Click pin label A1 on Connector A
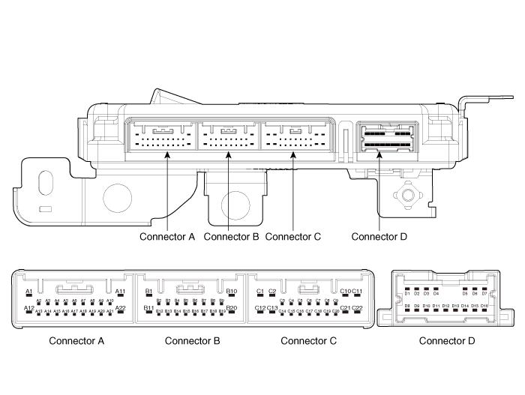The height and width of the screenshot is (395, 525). click(x=28, y=291)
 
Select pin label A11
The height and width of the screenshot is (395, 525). click(x=120, y=291)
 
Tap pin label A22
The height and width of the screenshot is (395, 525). click(x=120, y=307)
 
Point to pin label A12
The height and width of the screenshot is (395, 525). click(x=28, y=307)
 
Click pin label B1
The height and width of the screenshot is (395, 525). click(x=148, y=291)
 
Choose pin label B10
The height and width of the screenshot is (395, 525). click(x=232, y=291)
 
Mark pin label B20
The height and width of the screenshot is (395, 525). click(x=232, y=307)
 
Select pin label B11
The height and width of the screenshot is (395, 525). click(x=148, y=307)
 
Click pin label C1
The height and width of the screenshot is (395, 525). click(x=260, y=291)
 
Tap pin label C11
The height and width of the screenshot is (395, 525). click(x=358, y=291)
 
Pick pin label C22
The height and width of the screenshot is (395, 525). click(x=358, y=307)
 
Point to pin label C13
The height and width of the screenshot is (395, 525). click(x=272, y=307)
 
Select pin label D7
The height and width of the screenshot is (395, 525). click(x=484, y=293)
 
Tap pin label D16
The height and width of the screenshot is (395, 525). click(x=484, y=306)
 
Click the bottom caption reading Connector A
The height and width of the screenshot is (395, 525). click(x=76, y=341)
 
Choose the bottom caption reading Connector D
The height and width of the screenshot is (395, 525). click(x=447, y=341)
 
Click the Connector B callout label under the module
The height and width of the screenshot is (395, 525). click(x=231, y=237)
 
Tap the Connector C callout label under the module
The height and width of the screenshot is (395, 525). click(x=293, y=237)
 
